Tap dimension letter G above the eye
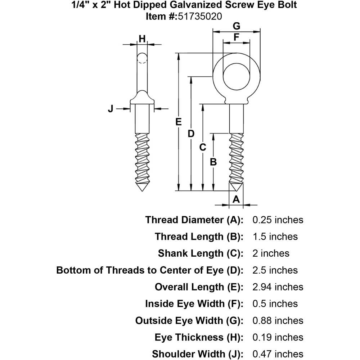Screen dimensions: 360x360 click(x=236, y=26)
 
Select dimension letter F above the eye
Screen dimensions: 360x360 click(x=236, y=37)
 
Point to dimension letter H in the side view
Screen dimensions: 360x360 click(x=143, y=39)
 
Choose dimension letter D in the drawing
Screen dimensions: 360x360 click(x=191, y=134)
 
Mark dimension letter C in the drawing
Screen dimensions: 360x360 click(x=203, y=147)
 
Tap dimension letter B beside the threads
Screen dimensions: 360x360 click(x=213, y=162)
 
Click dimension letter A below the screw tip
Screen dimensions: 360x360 click(x=236, y=199)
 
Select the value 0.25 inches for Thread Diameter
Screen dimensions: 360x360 click(x=278, y=220)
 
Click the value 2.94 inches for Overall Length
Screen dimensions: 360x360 click(x=278, y=287)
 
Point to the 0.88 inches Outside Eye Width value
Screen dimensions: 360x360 click(x=278, y=320)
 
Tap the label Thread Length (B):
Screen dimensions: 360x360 click(x=199, y=237)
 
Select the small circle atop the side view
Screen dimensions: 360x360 click(x=143, y=58)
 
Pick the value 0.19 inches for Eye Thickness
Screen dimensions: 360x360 click(x=278, y=337)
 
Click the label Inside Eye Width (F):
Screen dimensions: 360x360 click(x=194, y=303)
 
